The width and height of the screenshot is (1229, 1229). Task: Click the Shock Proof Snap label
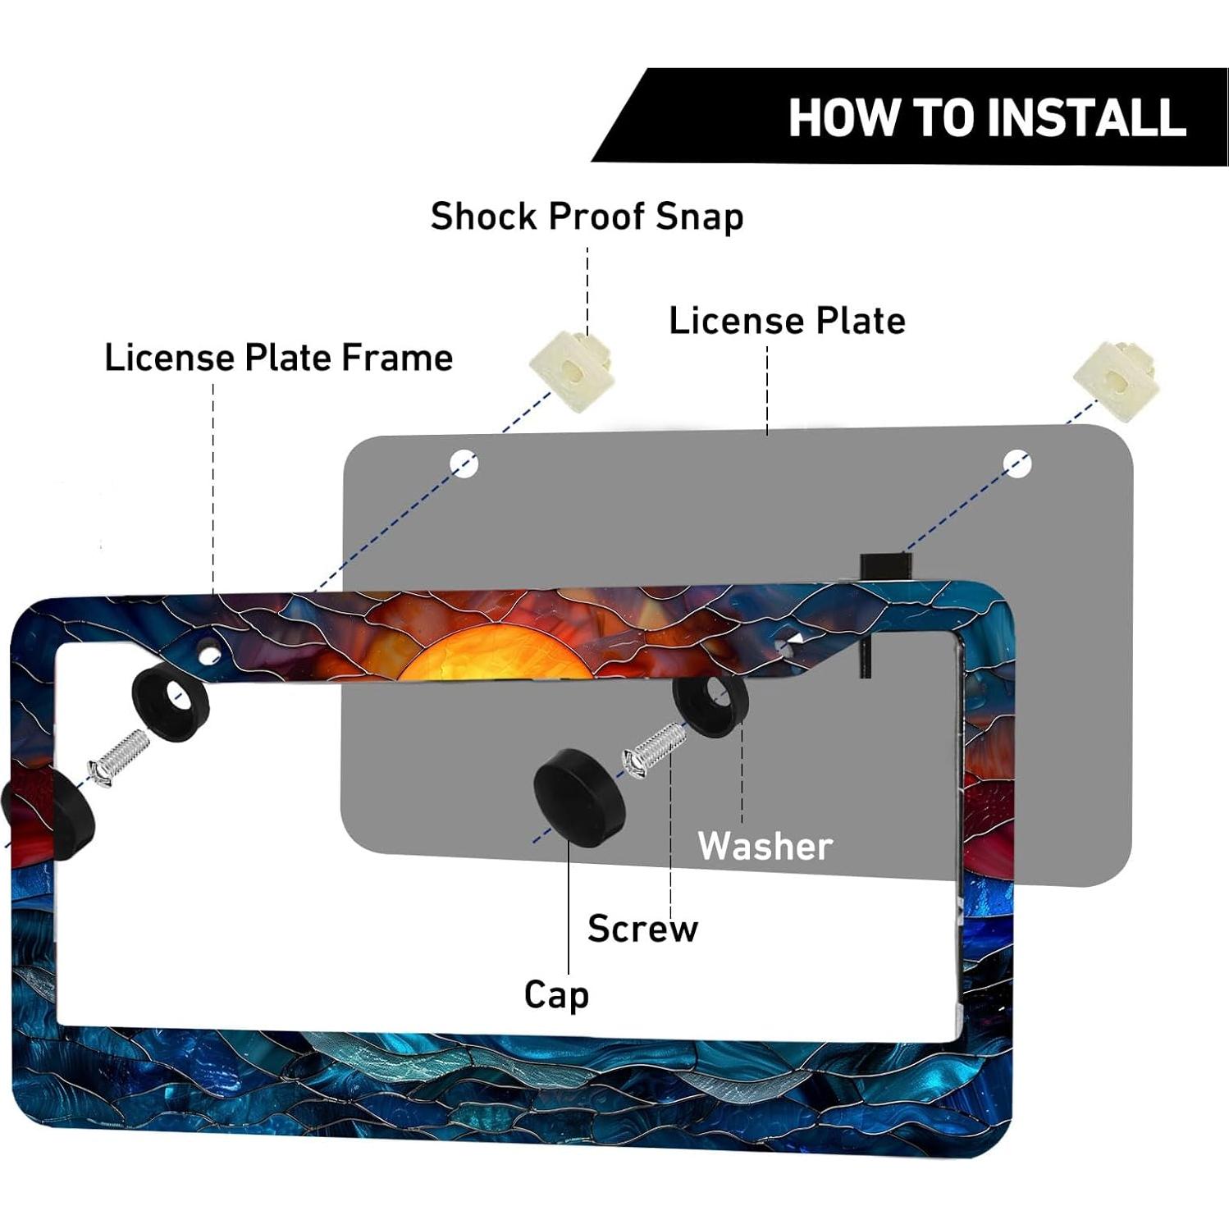(587, 217)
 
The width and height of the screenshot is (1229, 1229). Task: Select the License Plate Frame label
(279, 358)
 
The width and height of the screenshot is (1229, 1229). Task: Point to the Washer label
(765, 846)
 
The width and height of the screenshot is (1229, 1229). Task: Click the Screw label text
(643, 929)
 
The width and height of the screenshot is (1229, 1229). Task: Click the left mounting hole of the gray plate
(464, 464)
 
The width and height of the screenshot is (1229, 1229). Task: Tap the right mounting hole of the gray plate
(1017, 464)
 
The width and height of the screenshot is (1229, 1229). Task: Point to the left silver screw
(118, 760)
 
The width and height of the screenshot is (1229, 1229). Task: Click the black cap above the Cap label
(578, 796)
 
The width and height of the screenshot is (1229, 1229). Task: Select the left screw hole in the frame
(210, 654)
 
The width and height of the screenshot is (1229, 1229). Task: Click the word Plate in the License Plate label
(860, 321)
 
